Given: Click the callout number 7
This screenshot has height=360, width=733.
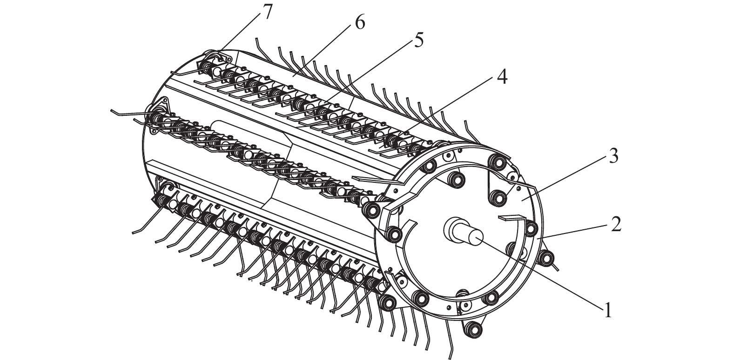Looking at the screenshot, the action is click(x=267, y=13).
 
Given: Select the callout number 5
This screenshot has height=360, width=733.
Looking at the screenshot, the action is click(x=418, y=40).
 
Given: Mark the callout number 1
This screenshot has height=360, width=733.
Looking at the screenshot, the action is click(x=608, y=310).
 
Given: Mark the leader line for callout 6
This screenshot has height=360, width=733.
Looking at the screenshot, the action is click(x=324, y=53).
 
